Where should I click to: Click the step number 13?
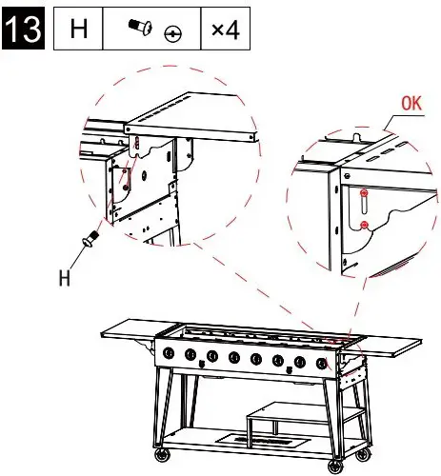(x=23, y=29)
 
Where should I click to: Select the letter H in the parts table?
(x=78, y=29)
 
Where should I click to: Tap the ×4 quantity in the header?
(x=226, y=30)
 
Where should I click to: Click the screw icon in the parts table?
(x=140, y=27)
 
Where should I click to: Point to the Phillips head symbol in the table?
(x=172, y=33)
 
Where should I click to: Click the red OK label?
(x=411, y=104)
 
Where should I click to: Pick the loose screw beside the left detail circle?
(x=90, y=239)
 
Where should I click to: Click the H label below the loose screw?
(x=65, y=278)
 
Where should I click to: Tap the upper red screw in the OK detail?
(x=364, y=192)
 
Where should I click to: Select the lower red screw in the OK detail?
(x=365, y=225)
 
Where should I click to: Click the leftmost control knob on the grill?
(x=169, y=353)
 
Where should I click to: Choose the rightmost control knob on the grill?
(x=322, y=364)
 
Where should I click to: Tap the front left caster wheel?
(x=162, y=455)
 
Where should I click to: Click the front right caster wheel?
(x=335, y=466)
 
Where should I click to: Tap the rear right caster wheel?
(x=362, y=455)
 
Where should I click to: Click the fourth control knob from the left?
(x=234, y=357)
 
